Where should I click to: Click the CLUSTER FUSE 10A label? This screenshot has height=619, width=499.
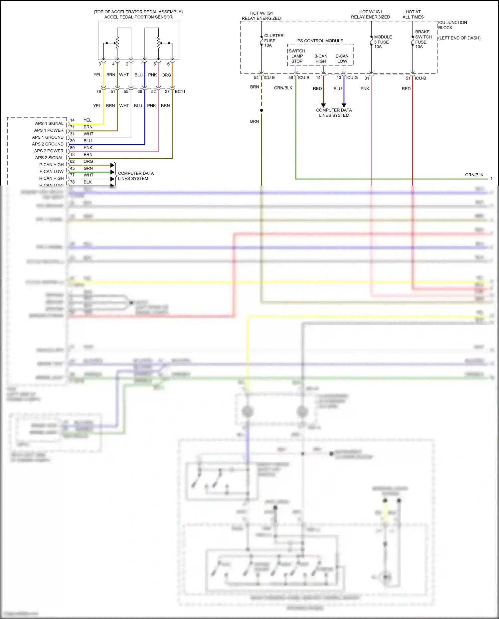click(273, 40)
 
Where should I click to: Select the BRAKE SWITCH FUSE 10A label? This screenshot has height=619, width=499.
click(423, 39)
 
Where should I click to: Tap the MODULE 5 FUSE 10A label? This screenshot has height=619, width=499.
click(383, 42)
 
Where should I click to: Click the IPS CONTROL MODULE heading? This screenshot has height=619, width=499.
click(319, 41)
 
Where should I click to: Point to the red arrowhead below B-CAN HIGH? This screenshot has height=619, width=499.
click(323, 105)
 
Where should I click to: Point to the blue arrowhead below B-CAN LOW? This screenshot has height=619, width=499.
click(344, 105)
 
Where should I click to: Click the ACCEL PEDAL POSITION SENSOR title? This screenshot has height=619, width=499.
click(138, 17)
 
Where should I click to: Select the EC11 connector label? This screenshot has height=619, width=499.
click(180, 91)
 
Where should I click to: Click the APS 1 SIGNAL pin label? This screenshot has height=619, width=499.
click(49, 123)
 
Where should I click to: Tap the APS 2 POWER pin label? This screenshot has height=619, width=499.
click(49, 151)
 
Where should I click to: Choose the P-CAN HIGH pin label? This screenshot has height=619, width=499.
click(51, 165)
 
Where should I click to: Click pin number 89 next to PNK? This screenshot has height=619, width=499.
click(72, 148)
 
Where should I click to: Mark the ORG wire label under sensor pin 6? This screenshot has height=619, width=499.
click(166, 75)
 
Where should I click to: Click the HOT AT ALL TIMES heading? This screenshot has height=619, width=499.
click(413, 14)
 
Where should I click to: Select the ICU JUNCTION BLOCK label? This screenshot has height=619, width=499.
click(452, 25)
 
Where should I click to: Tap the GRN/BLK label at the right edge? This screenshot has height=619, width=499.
click(474, 175)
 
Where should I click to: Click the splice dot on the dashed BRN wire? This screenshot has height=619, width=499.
click(261, 110)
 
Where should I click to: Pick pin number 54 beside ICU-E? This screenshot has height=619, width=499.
click(256, 77)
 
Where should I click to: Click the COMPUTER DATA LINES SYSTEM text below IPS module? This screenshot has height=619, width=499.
click(334, 113)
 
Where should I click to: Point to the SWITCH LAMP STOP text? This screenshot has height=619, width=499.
click(297, 56)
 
